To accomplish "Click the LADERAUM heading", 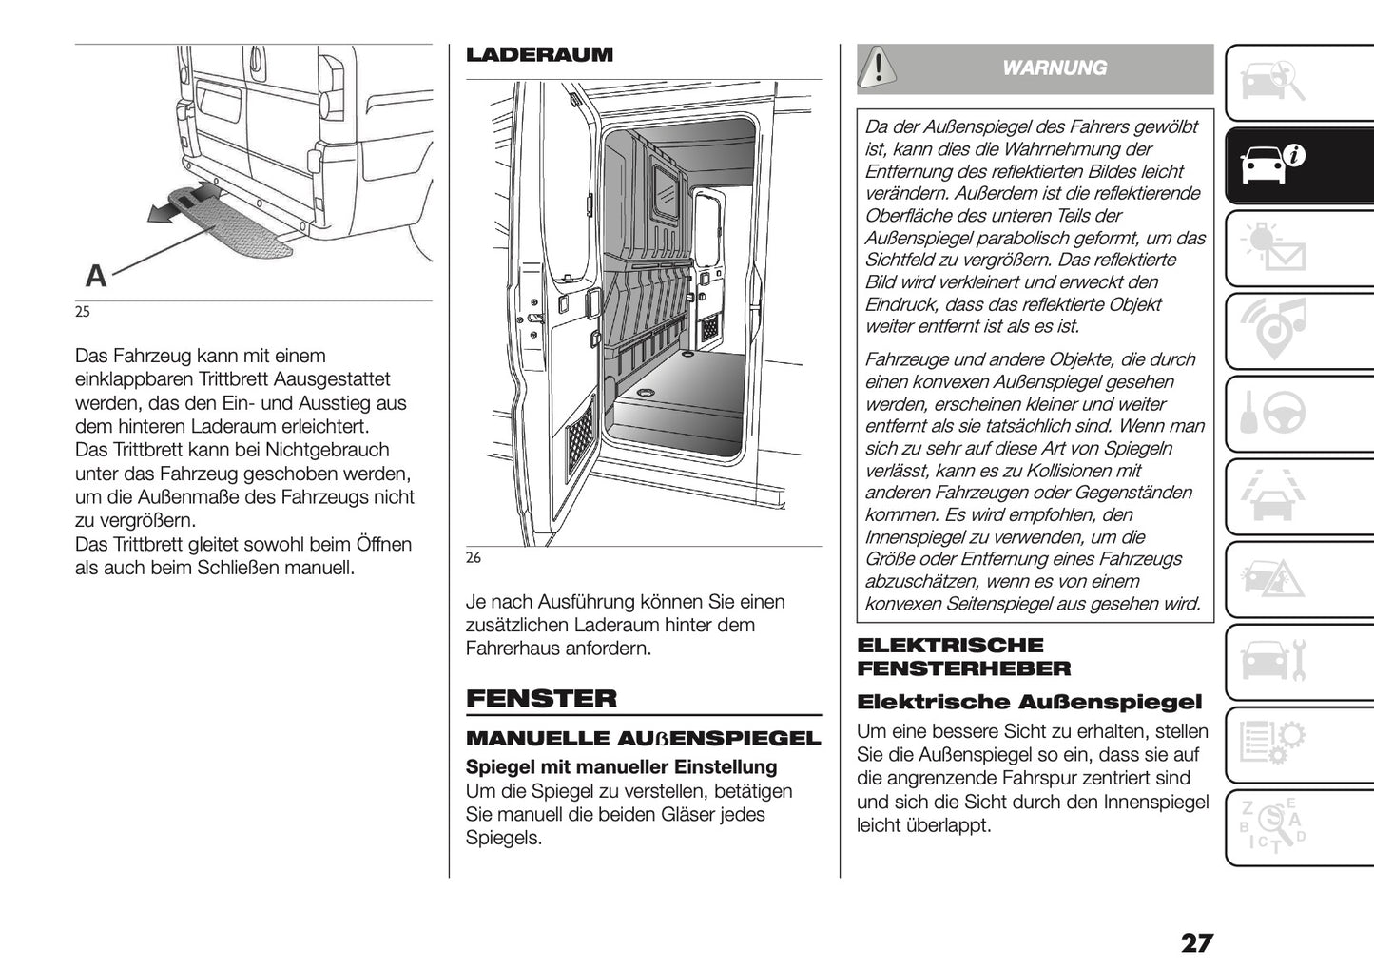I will [x=539, y=55].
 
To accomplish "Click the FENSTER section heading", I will [x=541, y=699].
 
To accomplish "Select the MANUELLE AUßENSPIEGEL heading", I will [x=643, y=739].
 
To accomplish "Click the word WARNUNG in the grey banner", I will [x=1055, y=68].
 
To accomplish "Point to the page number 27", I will [x=1196, y=942].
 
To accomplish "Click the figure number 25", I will [x=83, y=312].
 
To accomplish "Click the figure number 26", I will [x=474, y=558].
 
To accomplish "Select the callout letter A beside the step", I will [x=96, y=276].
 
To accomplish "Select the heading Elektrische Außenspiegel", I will [x=1029, y=703].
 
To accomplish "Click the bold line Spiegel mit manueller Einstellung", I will [x=621, y=767].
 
